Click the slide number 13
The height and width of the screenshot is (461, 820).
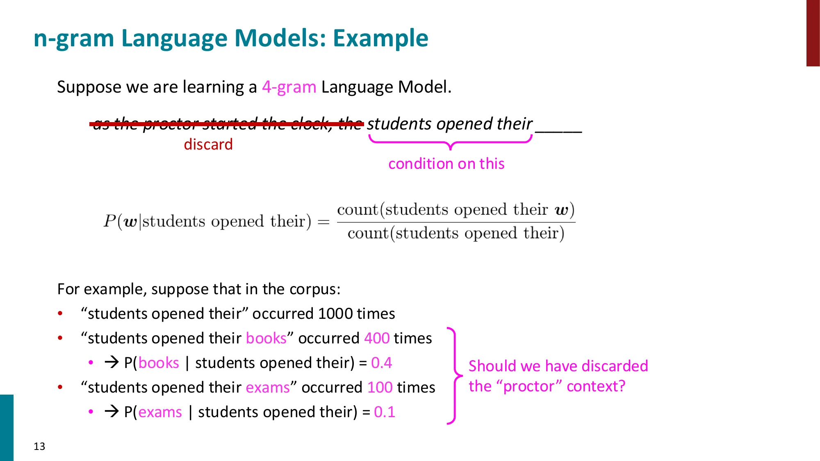click(39, 446)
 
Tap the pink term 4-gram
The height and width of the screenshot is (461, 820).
click(289, 87)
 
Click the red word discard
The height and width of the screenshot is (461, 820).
click(208, 145)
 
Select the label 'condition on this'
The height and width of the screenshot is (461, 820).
click(446, 164)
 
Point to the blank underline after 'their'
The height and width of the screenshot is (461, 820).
click(558, 130)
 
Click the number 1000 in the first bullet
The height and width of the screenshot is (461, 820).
click(335, 314)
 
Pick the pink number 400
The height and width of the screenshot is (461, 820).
click(377, 338)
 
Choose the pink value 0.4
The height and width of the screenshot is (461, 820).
click(381, 363)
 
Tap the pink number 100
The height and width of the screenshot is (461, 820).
click(380, 388)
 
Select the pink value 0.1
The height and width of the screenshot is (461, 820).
click(385, 412)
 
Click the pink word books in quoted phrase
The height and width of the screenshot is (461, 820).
click(266, 338)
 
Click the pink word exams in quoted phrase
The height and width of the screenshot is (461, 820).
click(268, 388)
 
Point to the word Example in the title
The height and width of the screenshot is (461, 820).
click(380, 39)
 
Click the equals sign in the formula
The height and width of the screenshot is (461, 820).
click(323, 222)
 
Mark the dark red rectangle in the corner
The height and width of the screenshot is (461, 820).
click(813, 33)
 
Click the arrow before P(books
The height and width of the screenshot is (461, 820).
click(112, 362)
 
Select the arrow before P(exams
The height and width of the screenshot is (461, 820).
click(112, 411)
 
